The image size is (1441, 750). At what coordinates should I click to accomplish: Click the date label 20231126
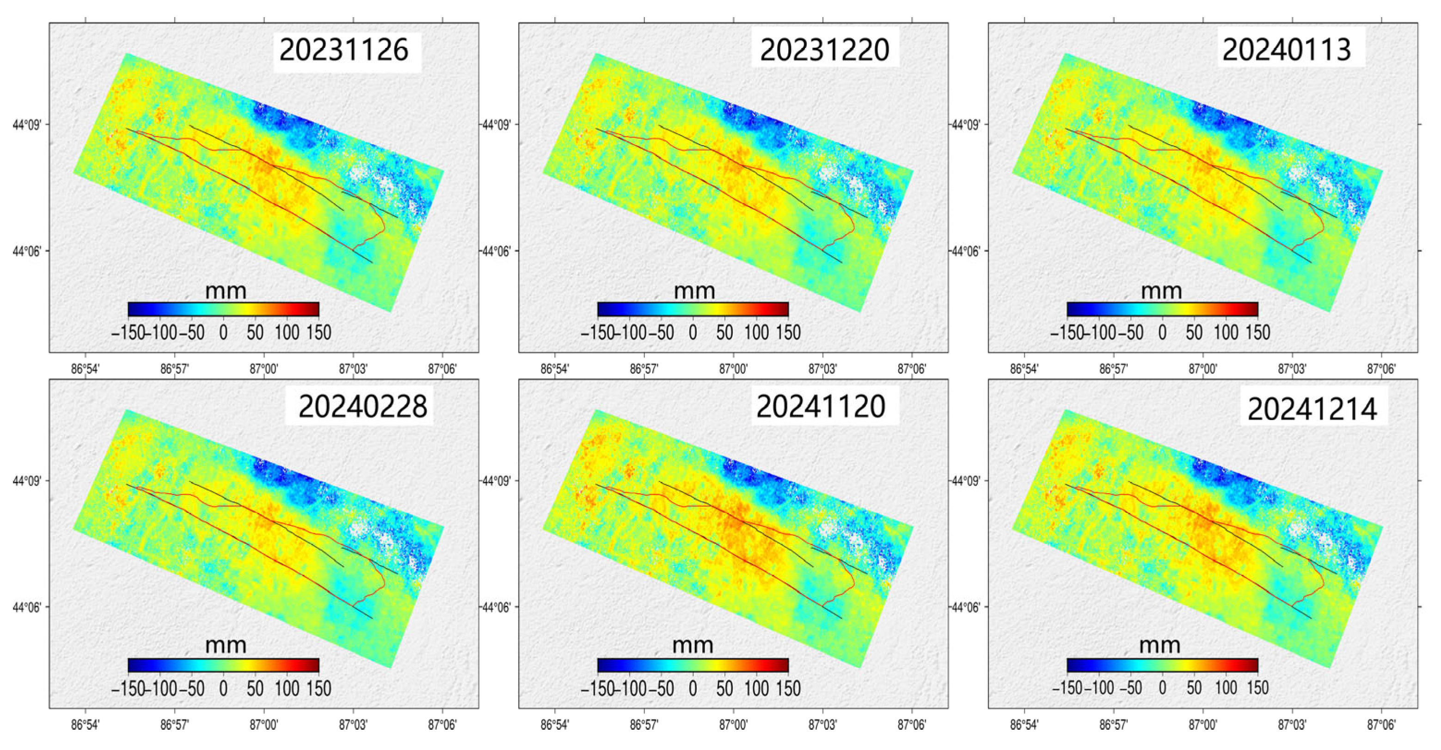344,50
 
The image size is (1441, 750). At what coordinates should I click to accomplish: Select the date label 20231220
825,50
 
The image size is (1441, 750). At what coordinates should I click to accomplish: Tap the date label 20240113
1287,50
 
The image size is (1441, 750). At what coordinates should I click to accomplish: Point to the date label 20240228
362,407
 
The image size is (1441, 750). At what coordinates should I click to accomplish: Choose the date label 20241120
821,407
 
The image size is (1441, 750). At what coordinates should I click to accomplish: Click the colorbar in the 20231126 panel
223,309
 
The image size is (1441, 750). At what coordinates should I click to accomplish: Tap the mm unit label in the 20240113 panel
1161,291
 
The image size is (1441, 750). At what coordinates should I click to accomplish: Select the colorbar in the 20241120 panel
693,665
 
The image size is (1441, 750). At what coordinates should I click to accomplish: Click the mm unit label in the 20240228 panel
226,646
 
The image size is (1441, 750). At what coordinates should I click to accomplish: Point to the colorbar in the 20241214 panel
1162,665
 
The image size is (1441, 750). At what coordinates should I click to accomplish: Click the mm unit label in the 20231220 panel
694,291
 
